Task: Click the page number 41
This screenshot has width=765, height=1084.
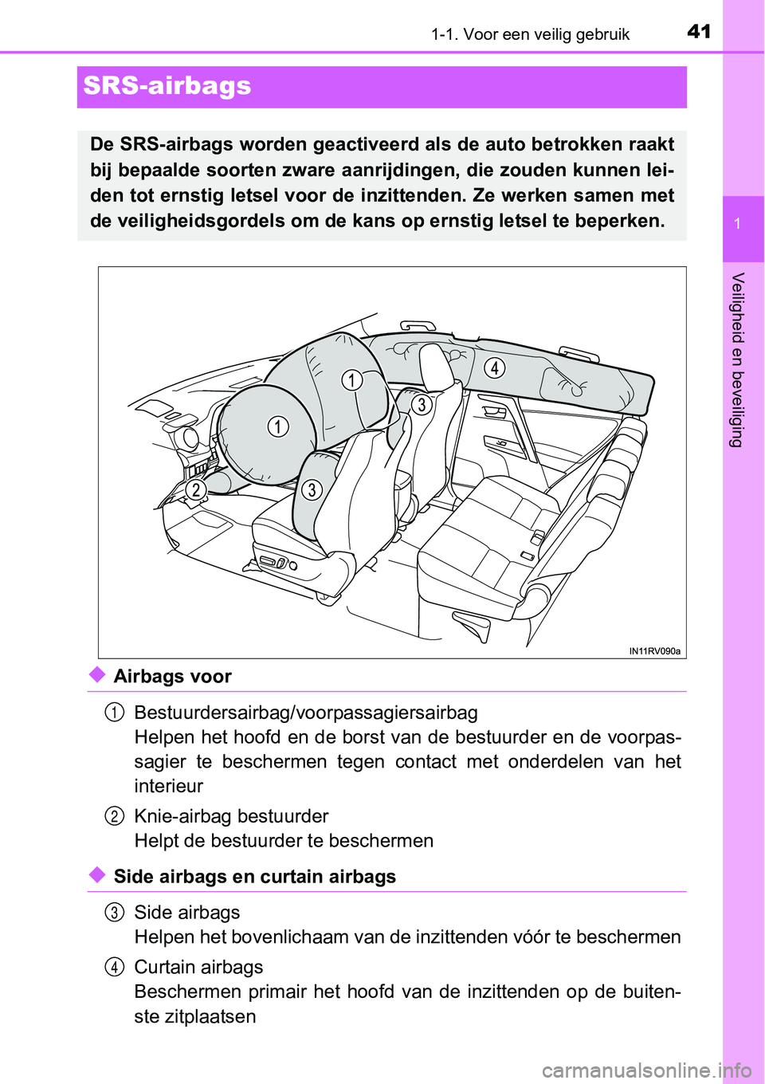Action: (x=699, y=31)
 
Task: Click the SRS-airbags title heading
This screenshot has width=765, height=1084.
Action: (x=167, y=86)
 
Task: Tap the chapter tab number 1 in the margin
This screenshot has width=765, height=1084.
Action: (x=738, y=224)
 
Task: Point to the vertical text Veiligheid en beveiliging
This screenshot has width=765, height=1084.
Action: (x=738, y=359)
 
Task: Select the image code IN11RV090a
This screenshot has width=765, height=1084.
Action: (x=654, y=651)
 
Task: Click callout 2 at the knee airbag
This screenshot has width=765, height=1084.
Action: (x=196, y=489)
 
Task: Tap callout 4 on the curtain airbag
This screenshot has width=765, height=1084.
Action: (x=495, y=367)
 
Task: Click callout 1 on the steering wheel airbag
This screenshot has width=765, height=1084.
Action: (x=277, y=426)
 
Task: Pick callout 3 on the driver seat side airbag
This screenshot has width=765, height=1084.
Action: (x=312, y=489)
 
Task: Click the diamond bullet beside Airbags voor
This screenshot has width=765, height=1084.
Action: (x=97, y=675)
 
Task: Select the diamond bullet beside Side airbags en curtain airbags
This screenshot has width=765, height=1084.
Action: (x=97, y=875)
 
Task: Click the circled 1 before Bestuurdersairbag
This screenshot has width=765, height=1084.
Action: (x=114, y=712)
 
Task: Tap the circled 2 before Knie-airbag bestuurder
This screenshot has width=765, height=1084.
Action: (x=114, y=815)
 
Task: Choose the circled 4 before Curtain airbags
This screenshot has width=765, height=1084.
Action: (x=114, y=967)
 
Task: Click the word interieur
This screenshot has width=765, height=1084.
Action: (x=169, y=786)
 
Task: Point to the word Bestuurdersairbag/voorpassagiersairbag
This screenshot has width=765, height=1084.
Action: (x=306, y=713)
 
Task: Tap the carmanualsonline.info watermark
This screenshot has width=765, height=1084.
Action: (x=646, y=1070)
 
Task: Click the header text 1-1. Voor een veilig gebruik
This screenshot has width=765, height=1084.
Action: (x=530, y=34)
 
